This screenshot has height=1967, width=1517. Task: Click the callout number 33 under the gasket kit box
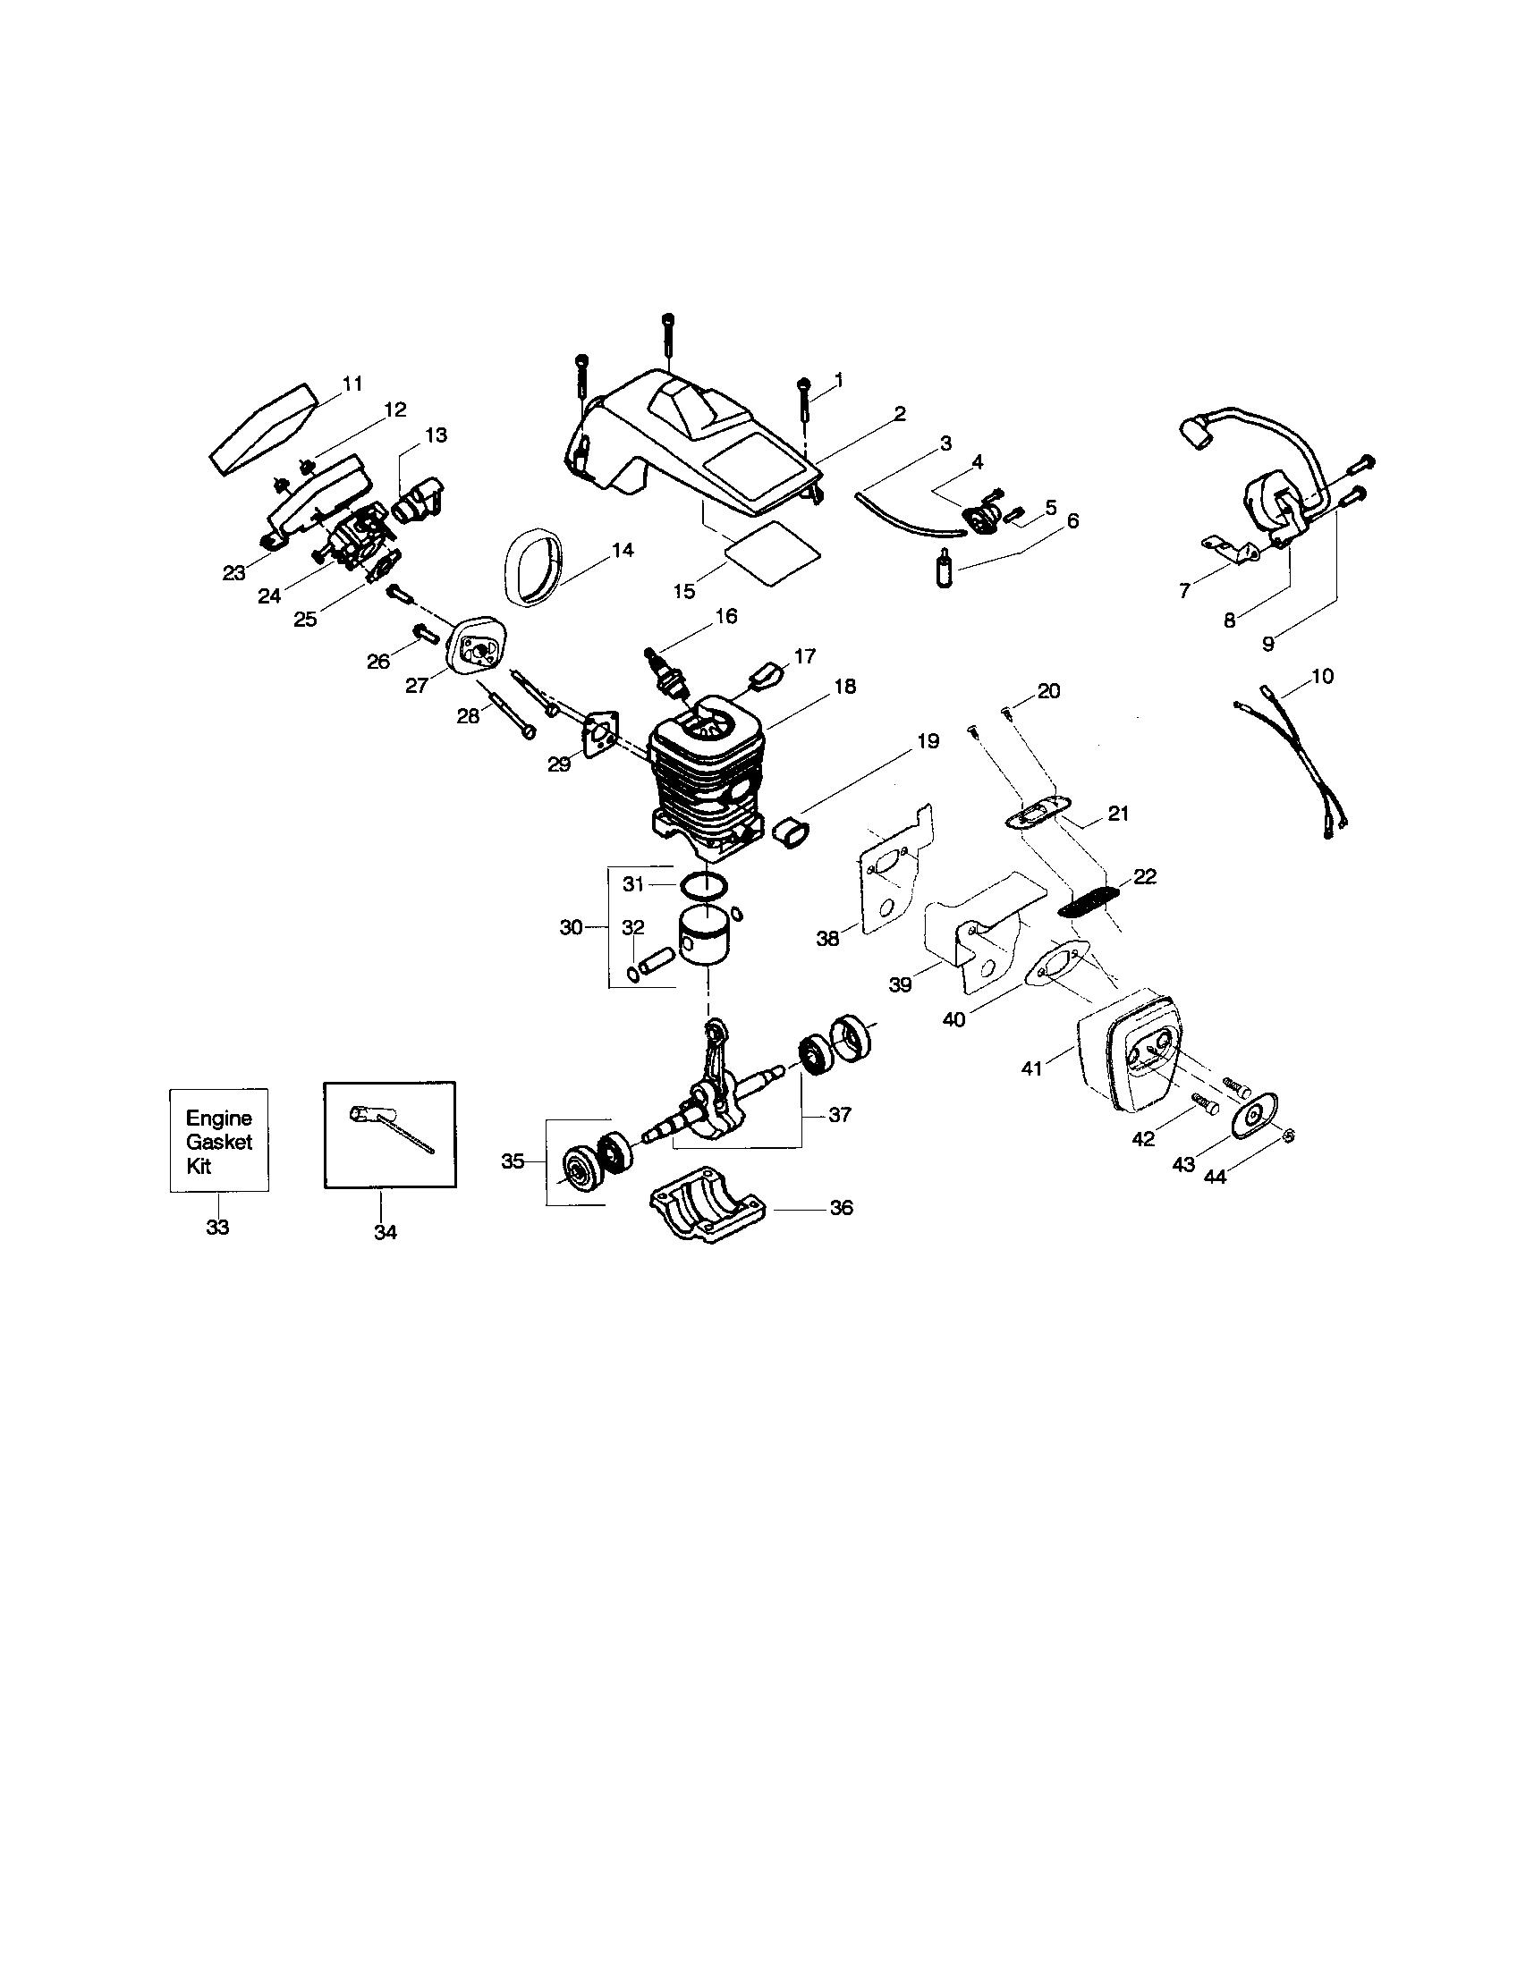pos(217,1227)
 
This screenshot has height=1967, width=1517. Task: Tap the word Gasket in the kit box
pos(219,1142)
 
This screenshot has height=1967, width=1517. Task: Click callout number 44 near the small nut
pos(1215,1176)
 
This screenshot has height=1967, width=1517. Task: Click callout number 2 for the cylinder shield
pos(899,413)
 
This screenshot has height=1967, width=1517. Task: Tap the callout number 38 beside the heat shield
pos(827,939)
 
